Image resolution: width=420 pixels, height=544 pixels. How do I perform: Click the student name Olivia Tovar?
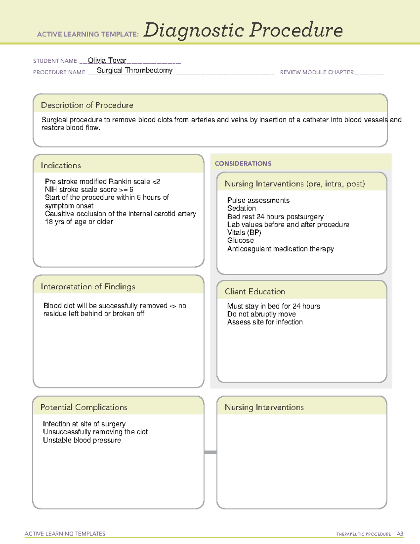pos(107,60)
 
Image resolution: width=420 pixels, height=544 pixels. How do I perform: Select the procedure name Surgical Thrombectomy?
pos(134,70)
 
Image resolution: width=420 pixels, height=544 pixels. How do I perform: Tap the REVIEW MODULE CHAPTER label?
pos(316,72)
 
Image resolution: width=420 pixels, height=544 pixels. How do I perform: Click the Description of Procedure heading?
pos(87,105)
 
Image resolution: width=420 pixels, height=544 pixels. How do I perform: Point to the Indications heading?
pos(61,165)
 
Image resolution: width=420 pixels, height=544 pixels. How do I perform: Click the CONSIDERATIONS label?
pos(243,164)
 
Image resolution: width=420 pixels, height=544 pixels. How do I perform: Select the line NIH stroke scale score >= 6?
pos(89,190)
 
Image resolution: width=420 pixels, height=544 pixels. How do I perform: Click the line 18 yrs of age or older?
pos(79,222)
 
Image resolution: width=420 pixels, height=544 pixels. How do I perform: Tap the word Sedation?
pos(241,208)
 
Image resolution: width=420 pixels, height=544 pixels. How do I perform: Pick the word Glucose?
pos(240,241)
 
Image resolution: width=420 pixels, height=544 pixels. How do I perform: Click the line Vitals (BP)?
pos(244,233)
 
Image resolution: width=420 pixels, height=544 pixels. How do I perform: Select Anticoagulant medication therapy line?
pos(280,249)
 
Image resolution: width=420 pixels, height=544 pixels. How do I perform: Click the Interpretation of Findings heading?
pos(88,287)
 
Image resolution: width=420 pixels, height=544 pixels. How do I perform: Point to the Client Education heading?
pos(255,291)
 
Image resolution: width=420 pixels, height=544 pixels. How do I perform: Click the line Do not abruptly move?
pos(261,314)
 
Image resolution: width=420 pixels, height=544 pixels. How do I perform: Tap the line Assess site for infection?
pos(265,322)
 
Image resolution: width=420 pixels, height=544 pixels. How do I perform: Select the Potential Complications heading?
pos(84,407)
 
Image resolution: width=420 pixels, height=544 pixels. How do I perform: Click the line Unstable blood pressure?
pos(82,440)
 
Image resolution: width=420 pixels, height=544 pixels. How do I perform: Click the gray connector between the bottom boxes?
pos(210,452)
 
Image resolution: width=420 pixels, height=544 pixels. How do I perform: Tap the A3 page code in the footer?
pos(400,534)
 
